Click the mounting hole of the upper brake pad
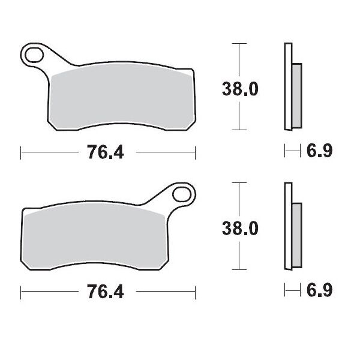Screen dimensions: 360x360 35,56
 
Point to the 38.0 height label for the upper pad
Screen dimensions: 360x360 240,89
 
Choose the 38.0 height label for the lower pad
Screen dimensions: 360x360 240,229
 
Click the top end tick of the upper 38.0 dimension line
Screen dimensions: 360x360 239,44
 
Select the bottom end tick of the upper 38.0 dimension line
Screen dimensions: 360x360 239,130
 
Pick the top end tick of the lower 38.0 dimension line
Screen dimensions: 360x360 239,182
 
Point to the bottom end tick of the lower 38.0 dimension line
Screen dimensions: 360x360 239,269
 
